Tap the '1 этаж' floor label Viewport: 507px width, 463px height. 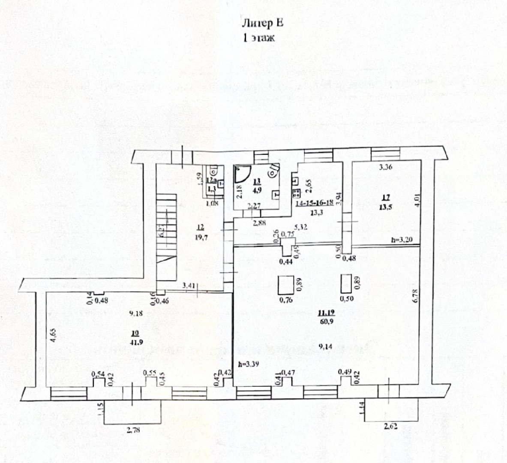point(258,38)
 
